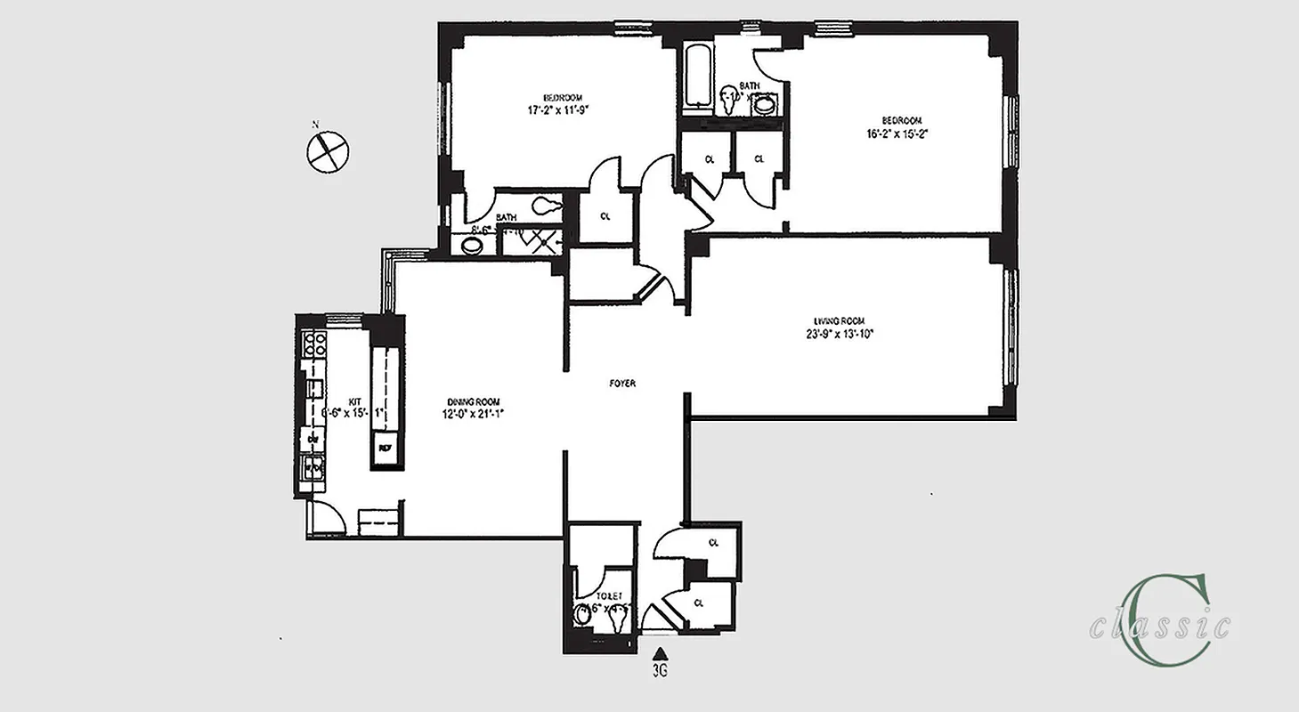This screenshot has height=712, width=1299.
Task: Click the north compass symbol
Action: click(326, 150)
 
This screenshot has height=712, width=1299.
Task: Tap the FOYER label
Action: click(621, 384)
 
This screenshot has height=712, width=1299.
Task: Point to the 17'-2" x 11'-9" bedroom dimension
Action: click(558, 110)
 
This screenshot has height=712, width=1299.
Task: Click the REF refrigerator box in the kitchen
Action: click(386, 448)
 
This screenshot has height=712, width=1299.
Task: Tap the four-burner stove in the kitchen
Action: click(314, 344)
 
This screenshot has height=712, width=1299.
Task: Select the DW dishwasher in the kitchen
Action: click(313, 440)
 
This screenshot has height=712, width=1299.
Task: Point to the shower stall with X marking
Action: click(537, 238)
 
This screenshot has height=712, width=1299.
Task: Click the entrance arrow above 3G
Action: click(660, 657)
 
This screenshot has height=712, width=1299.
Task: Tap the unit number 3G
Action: click(660, 672)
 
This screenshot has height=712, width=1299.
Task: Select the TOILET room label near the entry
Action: click(597, 596)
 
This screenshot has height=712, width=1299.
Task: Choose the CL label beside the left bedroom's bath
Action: click(605, 216)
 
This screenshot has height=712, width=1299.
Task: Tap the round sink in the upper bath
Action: click(764, 105)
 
